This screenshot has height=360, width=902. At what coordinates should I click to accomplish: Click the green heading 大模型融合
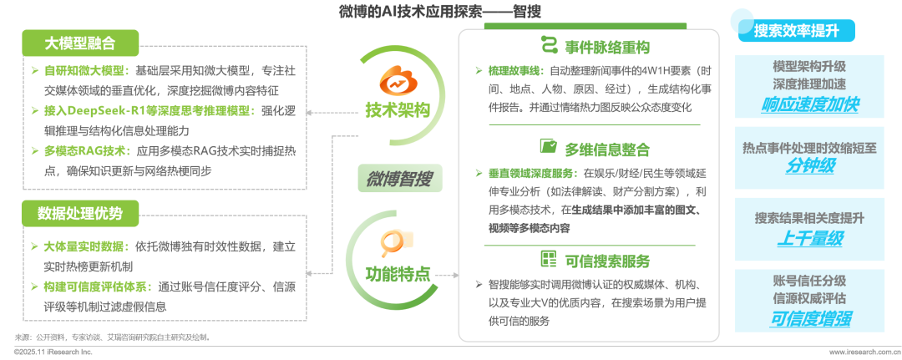tap(81, 43)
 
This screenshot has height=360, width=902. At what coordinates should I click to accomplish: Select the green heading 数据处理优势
tap(81, 213)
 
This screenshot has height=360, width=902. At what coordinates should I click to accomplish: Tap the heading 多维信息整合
tap(606, 149)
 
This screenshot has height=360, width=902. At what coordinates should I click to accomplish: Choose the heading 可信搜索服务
tap(606, 259)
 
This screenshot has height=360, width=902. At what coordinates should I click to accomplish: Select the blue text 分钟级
tap(809, 166)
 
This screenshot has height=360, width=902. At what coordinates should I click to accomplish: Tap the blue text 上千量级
tap(809, 238)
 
